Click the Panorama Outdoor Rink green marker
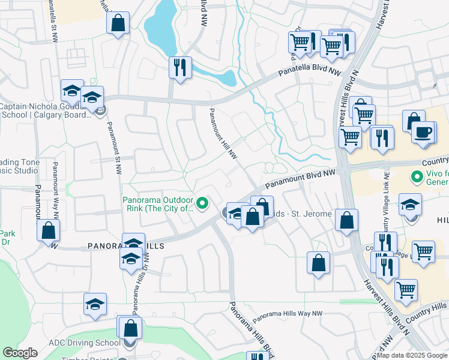tap(203, 204)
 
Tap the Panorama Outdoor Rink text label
tap(158, 204)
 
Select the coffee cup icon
tap(424, 131)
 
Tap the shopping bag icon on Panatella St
tap(118, 24)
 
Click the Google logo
tap(20, 353)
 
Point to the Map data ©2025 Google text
tap(412, 355)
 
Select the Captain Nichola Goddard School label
tap(44, 111)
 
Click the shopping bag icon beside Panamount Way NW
tap(48, 230)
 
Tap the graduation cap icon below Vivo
tap(411, 206)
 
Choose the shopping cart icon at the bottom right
tap(406, 290)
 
